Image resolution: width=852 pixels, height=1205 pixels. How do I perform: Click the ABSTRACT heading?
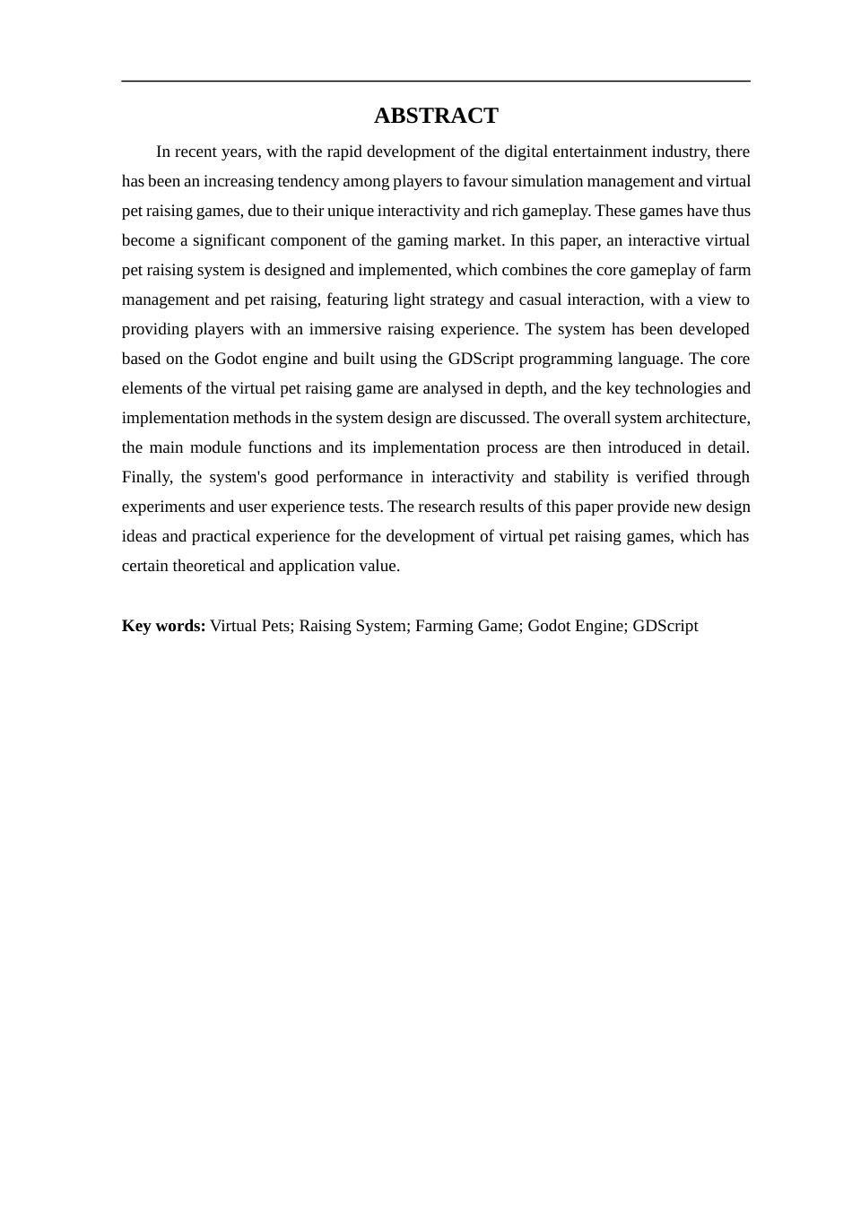coord(436,116)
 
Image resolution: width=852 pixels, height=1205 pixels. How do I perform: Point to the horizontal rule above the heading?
coord(436,82)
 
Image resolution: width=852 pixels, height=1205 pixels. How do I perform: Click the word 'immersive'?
coord(345,329)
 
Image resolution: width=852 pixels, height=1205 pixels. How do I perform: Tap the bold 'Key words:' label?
coord(163,626)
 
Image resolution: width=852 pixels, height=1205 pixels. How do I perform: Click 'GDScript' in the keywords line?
coord(665,626)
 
